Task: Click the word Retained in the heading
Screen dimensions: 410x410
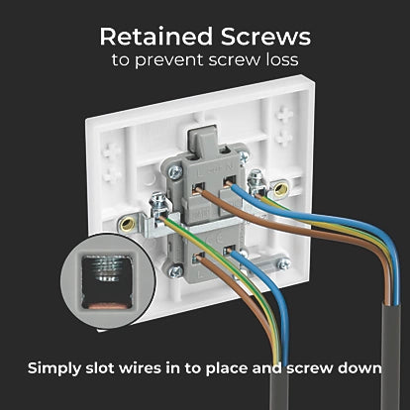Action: [156, 37]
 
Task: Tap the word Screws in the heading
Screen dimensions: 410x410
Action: [265, 37]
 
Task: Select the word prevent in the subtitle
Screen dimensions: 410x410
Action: [169, 60]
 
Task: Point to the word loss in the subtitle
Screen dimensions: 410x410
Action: [282, 60]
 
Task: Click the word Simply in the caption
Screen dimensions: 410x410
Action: [54, 368]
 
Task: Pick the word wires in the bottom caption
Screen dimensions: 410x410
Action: [140, 367]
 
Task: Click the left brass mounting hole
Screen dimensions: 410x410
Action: [128, 225]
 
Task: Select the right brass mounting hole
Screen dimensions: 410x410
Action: [280, 189]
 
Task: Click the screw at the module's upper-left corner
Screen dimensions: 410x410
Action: [175, 171]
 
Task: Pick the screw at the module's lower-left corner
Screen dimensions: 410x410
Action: [175, 271]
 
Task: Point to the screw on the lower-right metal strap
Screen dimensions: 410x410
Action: [284, 263]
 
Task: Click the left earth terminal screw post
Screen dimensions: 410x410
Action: [157, 204]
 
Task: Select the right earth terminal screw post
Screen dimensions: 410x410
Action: [256, 180]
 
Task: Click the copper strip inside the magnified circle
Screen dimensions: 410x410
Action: [107, 306]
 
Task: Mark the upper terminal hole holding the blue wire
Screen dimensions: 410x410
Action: [228, 181]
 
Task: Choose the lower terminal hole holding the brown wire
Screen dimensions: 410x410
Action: [199, 256]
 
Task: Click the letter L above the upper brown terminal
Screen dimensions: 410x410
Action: [199, 172]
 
